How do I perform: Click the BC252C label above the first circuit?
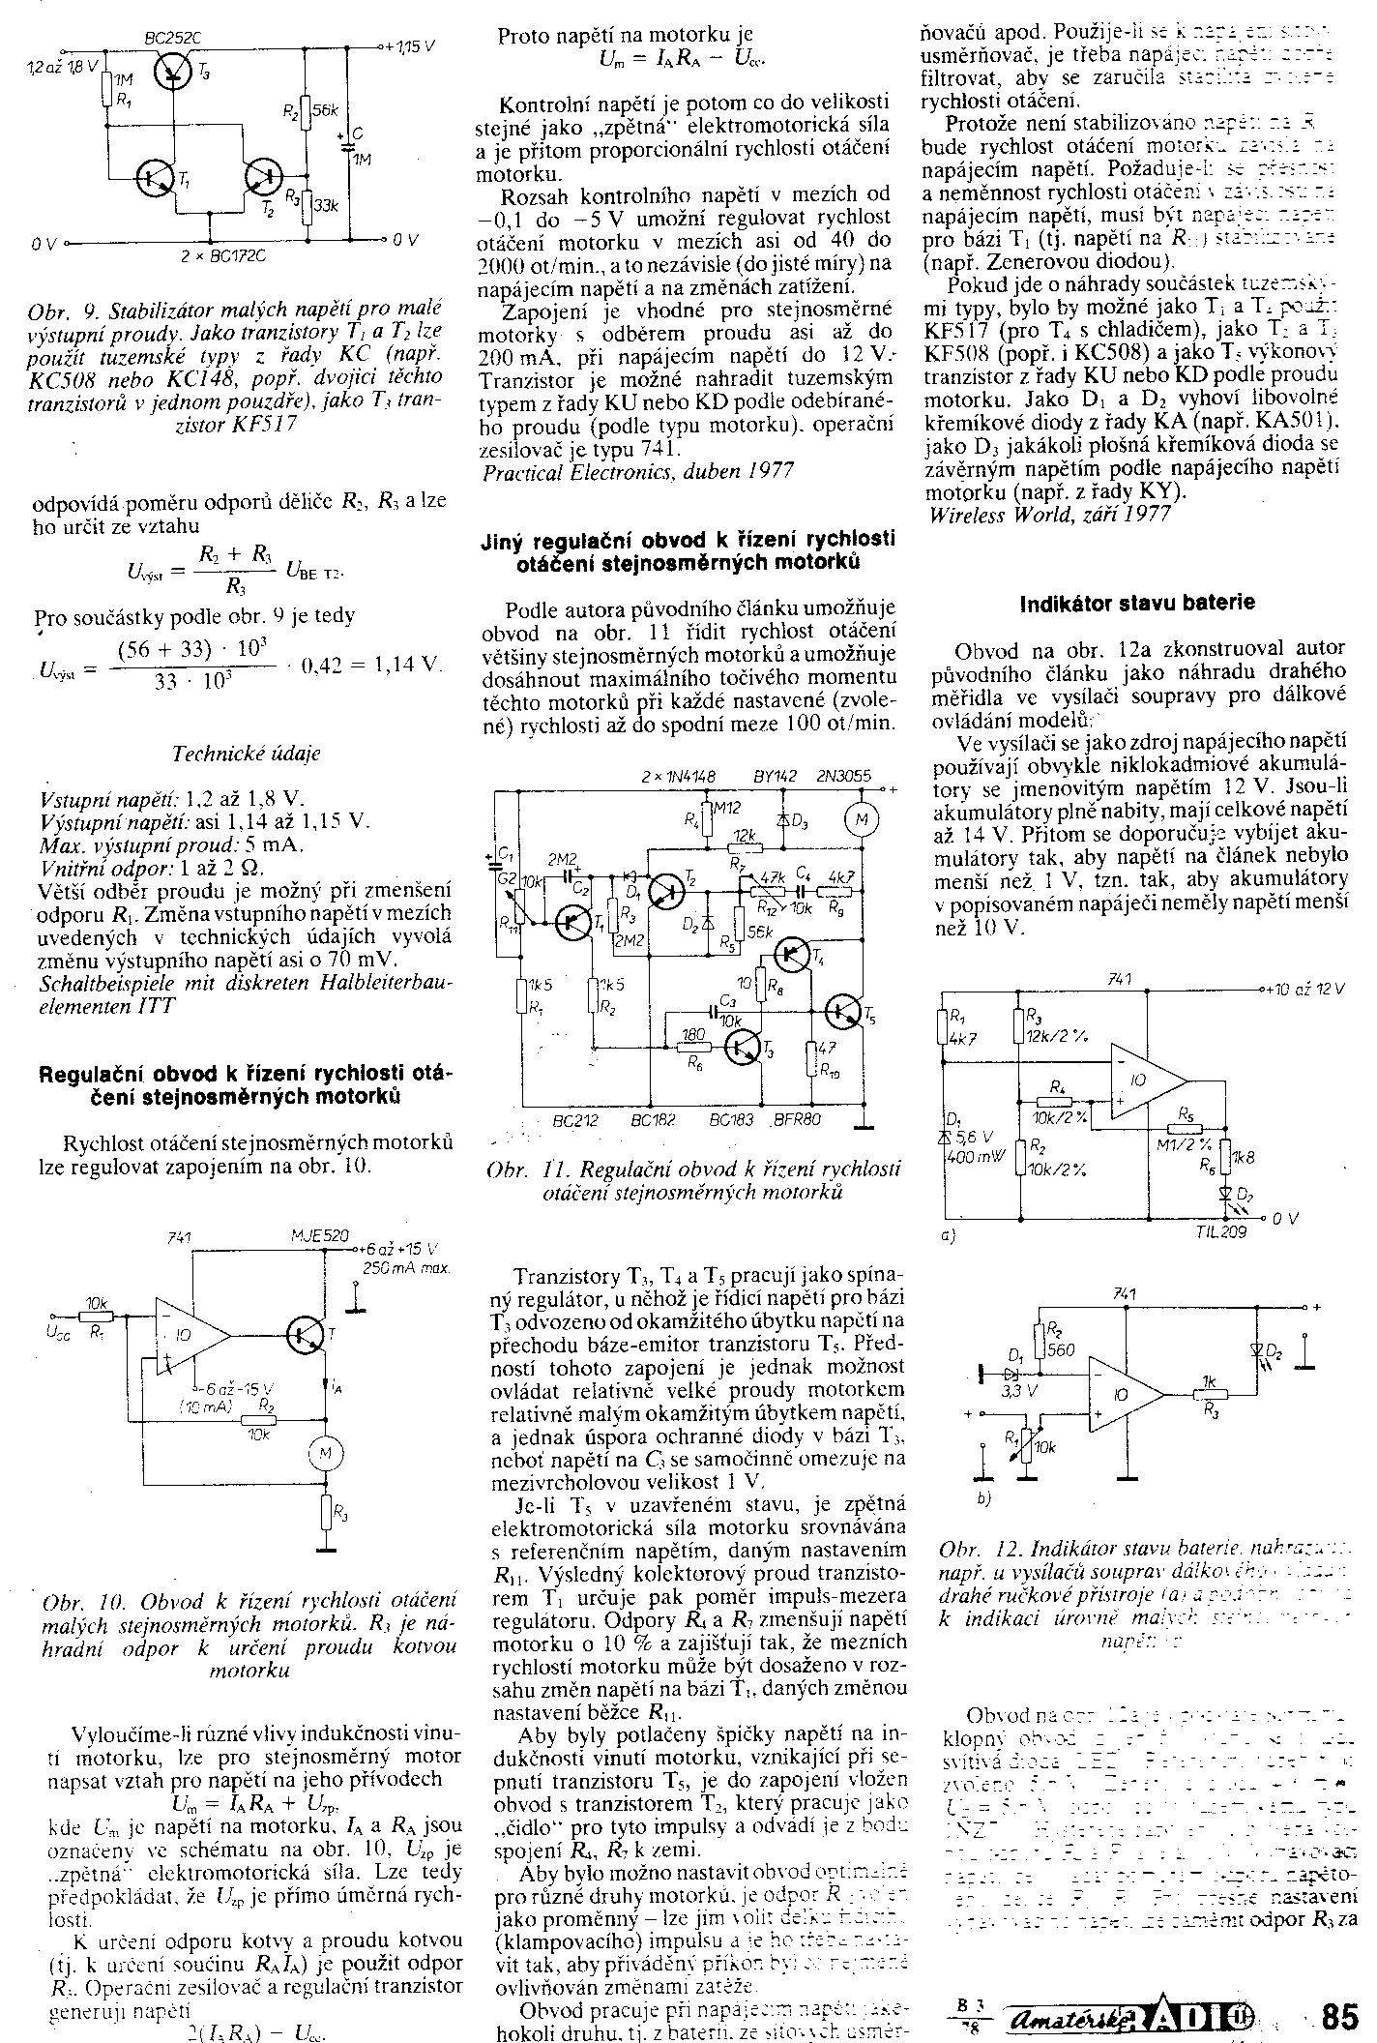171,40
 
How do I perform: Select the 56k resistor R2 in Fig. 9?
306,111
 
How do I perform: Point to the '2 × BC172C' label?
223,257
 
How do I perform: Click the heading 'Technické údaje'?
246,753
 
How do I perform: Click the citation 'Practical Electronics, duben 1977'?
638,471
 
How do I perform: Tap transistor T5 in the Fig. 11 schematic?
844,1010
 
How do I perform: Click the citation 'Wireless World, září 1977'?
1049,514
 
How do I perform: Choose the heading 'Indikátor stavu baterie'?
1138,602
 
